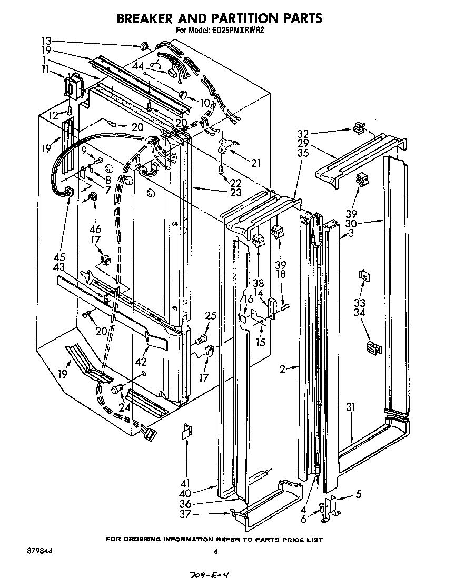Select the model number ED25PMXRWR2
(x=238, y=31)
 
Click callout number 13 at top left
(x=46, y=41)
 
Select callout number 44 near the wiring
(x=139, y=66)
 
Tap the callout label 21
(x=255, y=163)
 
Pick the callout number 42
(x=140, y=362)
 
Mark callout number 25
(x=211, y=316)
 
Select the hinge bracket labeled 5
(x=332, y=505)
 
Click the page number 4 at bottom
(x=215, y=552)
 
